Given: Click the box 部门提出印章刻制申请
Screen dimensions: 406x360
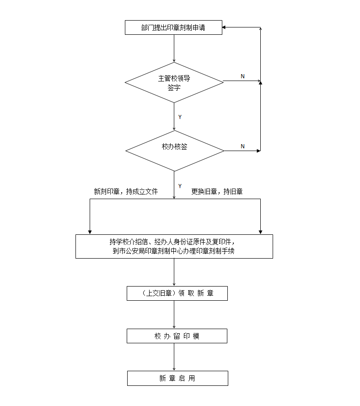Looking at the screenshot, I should [x=174, y=27].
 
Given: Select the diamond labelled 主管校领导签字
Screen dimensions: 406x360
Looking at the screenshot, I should [x=174, y=82].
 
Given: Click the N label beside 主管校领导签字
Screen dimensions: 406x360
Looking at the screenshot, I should [x=242, y=76].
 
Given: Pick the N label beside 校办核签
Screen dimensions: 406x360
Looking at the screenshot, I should [x=242, y=146].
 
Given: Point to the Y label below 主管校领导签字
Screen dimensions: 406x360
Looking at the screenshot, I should [x=180, y=117].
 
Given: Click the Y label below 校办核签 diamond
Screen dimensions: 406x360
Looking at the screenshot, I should [x=180, y=186].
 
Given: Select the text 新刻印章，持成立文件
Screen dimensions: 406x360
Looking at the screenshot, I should [x=126, y=192].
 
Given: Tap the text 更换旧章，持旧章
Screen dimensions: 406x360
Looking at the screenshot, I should [x=217, y=192].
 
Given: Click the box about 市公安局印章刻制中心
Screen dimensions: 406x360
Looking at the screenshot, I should [x=174, y=246].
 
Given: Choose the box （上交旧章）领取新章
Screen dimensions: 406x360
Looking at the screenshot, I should [x=177, y=293].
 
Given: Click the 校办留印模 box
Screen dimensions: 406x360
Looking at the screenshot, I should [x=177, y=336].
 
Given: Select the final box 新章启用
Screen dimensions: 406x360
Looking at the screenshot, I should [x=177, y=378].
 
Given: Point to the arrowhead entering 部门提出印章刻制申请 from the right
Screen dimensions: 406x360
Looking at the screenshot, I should [x=225, y=27].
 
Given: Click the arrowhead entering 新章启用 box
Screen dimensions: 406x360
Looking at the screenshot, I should [x=174, y=368].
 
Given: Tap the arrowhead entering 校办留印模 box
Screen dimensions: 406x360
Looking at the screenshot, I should [x=174, y=326].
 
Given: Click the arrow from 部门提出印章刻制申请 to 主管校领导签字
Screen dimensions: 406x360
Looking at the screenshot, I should [x=174, y=48].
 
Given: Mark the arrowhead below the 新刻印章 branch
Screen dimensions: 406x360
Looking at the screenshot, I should [x=90, y=232].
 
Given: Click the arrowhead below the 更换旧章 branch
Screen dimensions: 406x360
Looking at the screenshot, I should [x=260, y=232].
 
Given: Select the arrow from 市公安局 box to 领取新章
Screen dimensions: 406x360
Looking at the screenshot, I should [x=174, y=272].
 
